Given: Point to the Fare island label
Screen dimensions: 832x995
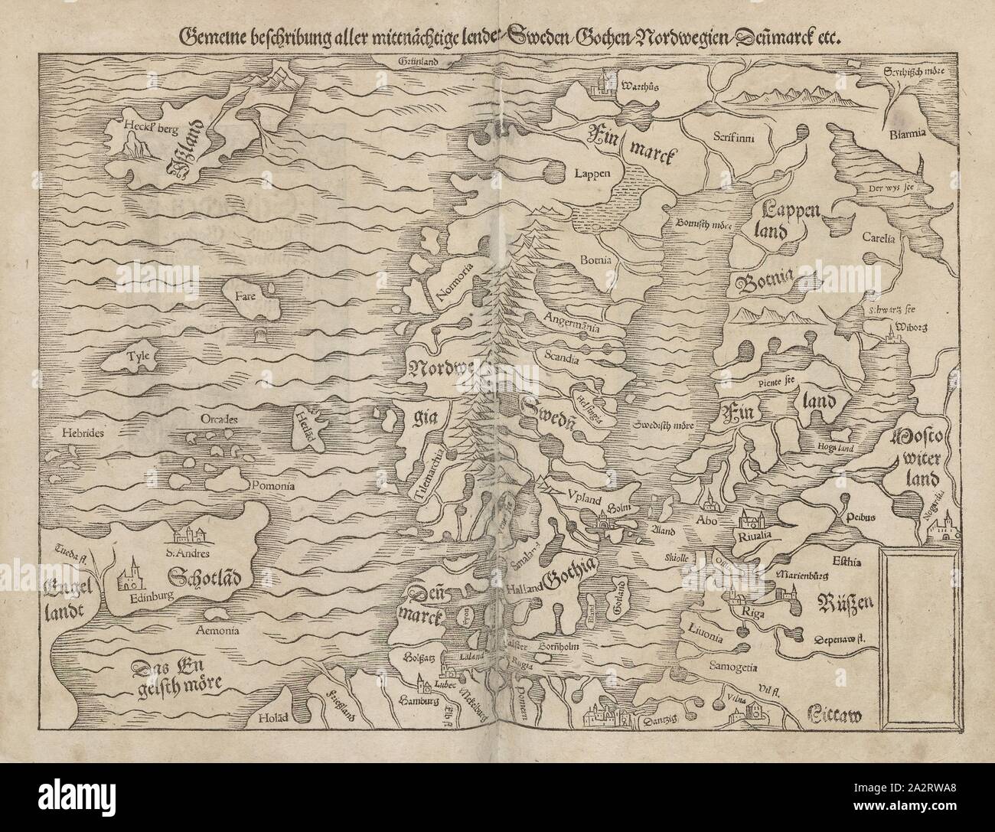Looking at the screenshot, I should pos(245,293).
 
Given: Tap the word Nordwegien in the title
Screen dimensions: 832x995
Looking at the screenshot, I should pos(643,35).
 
